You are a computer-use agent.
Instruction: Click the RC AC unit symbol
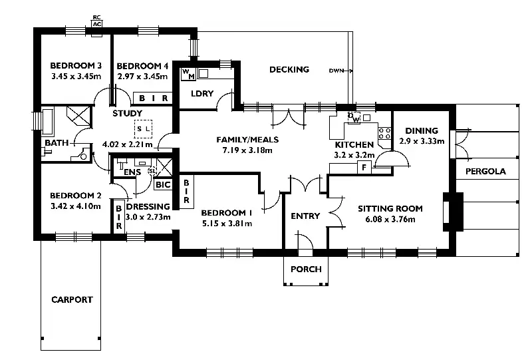point(97,21)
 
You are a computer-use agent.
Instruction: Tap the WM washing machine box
point(188,74)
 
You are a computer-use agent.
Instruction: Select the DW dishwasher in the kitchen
point(354,118)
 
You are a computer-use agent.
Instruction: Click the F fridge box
point(364,168)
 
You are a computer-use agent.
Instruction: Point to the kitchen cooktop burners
point(384,134)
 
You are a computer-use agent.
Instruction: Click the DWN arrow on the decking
point(341,71)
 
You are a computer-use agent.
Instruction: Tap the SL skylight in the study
point(143,129)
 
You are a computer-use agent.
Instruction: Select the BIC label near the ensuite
point(163,185)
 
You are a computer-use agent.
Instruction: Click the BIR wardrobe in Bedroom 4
point(154,98)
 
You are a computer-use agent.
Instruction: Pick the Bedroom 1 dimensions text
point(227,224)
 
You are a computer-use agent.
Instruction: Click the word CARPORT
point(72,299)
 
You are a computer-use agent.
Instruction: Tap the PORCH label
point(306,270)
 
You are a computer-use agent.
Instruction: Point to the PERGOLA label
point(485,171)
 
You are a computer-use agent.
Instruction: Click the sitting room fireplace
point(453,212)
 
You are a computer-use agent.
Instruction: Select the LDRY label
point(202,93)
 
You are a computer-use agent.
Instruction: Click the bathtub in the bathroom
point(47,121)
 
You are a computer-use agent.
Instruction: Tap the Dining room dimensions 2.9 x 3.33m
point(422,141)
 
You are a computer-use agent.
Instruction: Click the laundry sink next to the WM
point(203,73)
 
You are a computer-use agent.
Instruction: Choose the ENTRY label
point(305,216)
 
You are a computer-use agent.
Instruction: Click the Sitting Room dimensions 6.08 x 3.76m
point(390,219)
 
